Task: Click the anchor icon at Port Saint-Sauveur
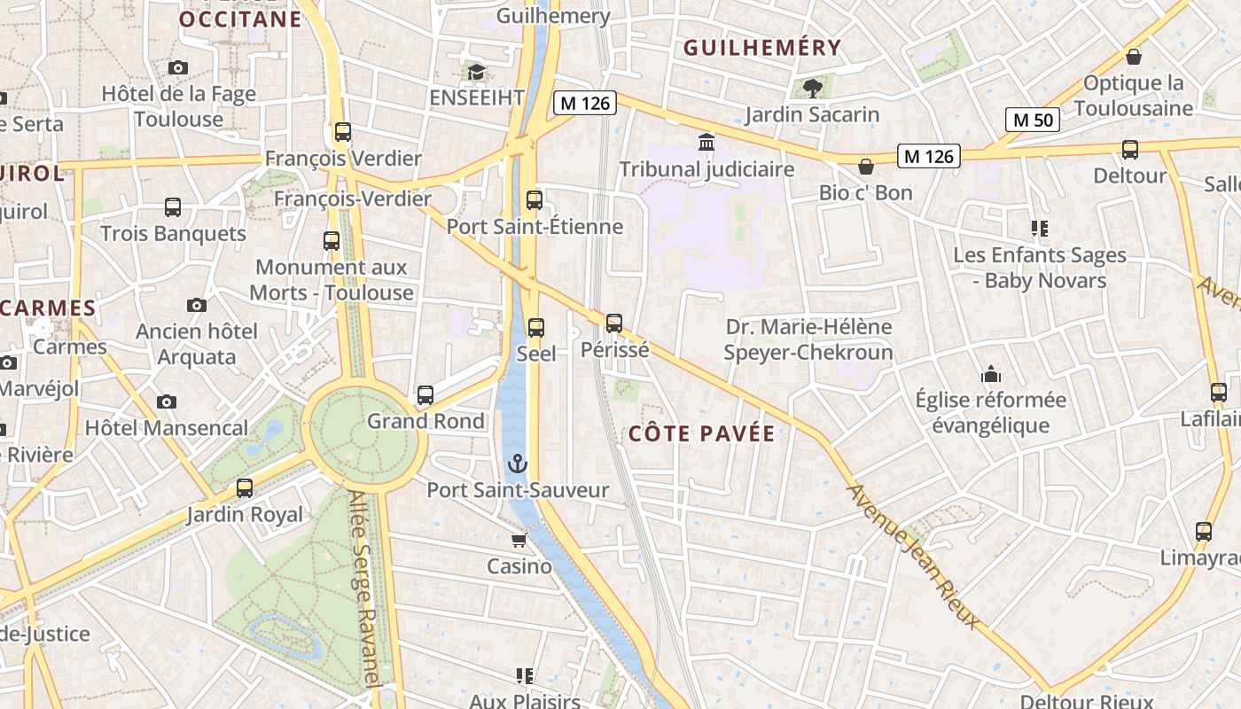[x=517, y=464]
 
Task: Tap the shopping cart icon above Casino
[x=519, y=540]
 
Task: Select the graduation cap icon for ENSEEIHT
[x=477, y=72]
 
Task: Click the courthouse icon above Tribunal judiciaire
[x=706, y=142]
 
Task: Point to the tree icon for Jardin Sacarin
[x=812, y=88]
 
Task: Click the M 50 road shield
[x=1033, y=119]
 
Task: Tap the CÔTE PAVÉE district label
[x=702, y=433]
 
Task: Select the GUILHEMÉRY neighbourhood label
[x=762, y=48]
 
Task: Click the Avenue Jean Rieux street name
[x=914, y=556]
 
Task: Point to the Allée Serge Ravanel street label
[x=370, y=589]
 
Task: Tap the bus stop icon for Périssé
[x=614, y=323]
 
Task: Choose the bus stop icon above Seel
[x=536, y=328]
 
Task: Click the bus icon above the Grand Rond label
[x=425, y=395]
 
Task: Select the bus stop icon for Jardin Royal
[x=245, y=488]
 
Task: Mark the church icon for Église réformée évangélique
[x=991, y=374]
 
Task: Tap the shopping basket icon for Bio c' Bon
[x=866, y=167]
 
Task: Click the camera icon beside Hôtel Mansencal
[x=166, y=402]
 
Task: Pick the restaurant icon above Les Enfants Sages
[x=1040, y=230]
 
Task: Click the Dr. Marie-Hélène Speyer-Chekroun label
[x=808, y=339]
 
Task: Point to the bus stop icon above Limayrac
[x=1203, y=532]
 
